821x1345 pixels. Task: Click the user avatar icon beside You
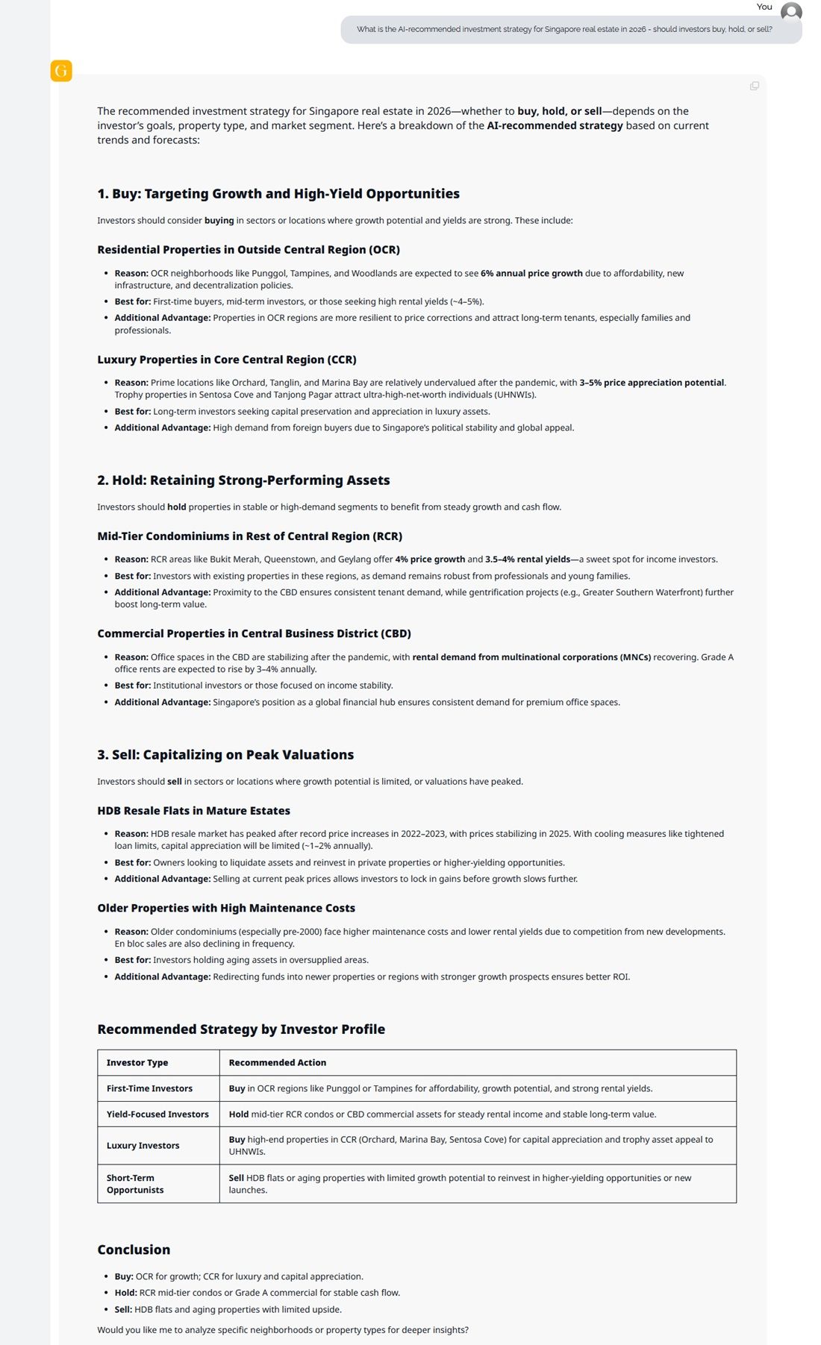tap(791, 13)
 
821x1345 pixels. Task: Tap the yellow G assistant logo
tap(61, 71)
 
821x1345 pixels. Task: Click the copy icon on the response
tap(755, 86)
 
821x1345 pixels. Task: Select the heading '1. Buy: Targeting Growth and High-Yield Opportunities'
tap(278, 194)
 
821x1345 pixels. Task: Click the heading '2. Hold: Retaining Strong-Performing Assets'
tap(243, 480)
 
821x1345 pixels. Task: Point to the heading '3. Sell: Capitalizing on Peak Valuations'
tap(225, 755)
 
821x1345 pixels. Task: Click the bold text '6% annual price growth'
tap(531, 274)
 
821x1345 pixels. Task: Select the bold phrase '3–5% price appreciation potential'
tap(652, 383)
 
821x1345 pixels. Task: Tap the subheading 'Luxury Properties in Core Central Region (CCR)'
tap(227, 360)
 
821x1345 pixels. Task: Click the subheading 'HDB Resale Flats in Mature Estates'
tap(193, 811)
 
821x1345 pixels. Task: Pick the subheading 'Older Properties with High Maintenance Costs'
tap(226, 909)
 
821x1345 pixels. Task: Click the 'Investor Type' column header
tap(137, 1063)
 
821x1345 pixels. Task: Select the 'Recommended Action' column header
tap(277, 1063)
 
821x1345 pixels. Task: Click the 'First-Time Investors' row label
tap(149, 1089)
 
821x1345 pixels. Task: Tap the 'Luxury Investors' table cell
tap(143, 1146)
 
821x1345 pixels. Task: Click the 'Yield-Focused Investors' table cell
tap(157, 1114)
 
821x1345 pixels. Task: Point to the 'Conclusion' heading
tap(134, 1250)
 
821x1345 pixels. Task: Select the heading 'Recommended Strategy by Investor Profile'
tap(241, 1029)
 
